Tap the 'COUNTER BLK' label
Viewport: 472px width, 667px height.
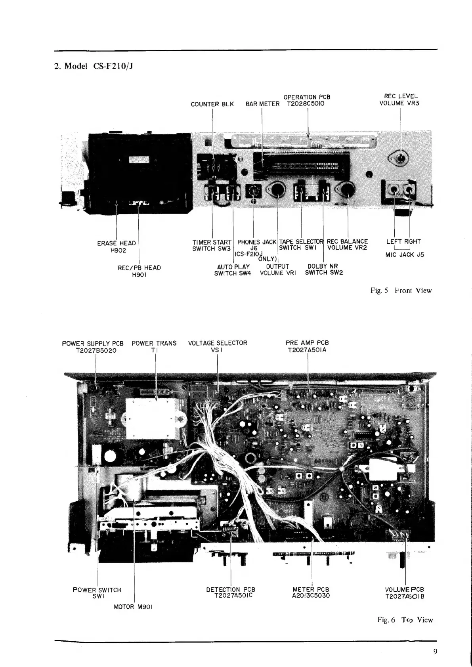tap(212, 104)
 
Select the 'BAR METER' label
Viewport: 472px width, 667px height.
tap(262, 104)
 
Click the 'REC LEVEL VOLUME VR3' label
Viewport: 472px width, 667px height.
tap(401, 100)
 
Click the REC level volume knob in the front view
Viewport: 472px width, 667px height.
tap(401, 158)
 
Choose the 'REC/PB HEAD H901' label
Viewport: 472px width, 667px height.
tap(139, 271)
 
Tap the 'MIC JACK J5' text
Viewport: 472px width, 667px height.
tap(404, 255)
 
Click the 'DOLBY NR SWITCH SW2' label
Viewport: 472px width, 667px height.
tap(323, 269)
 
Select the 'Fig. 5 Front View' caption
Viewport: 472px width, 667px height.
tap(401, 290)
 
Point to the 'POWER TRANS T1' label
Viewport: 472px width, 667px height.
tap(154, 346)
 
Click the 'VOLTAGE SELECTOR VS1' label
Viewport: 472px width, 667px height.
tap(217, 346)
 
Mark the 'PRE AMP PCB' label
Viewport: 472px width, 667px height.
tap(307, 343)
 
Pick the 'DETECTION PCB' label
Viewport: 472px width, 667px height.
tap(231, 589)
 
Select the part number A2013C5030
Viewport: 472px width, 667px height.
tap(311, 596)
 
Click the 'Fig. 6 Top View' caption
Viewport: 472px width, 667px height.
tap(404, 620)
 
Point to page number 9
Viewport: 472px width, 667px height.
tap(435, 652)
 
